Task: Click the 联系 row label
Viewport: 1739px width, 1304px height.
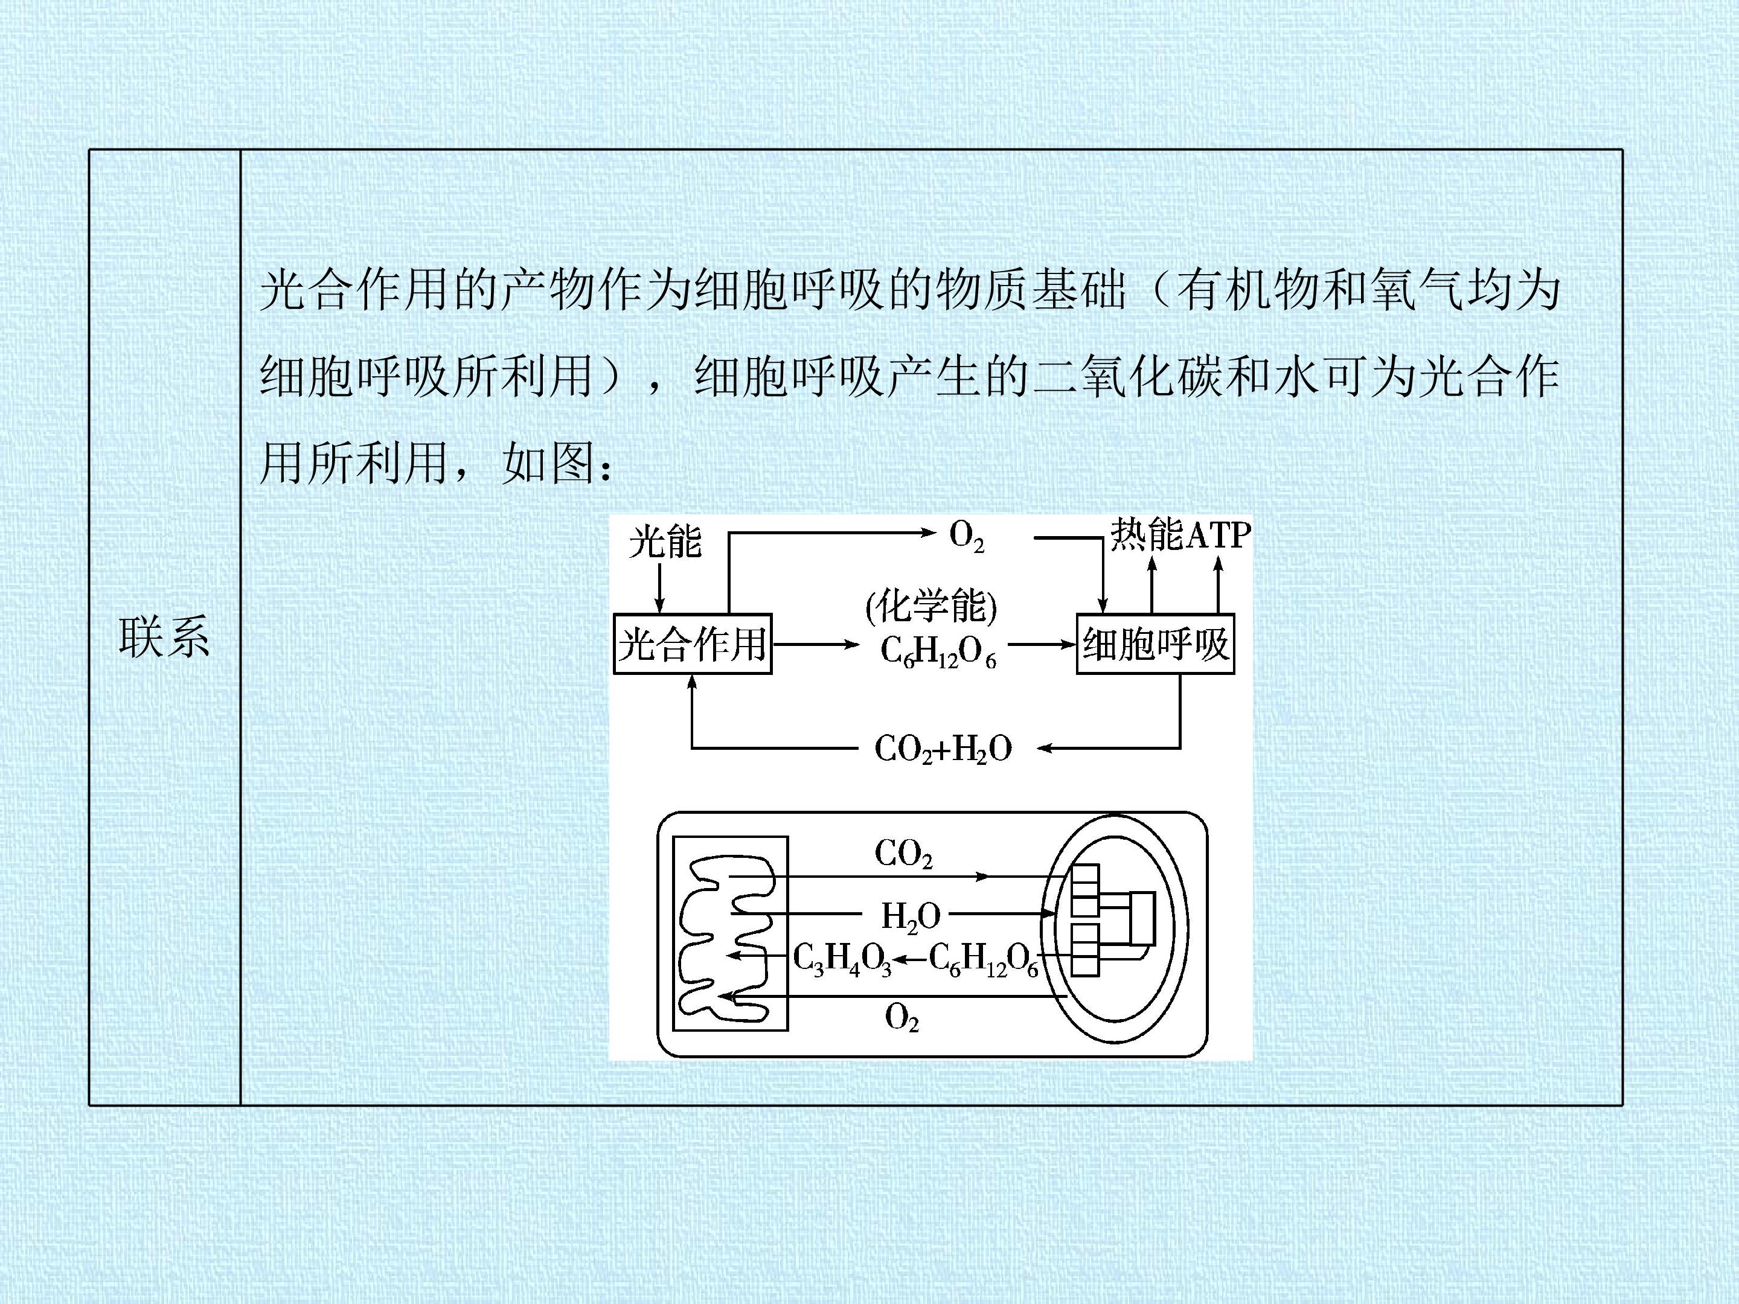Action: (x=164, y=637)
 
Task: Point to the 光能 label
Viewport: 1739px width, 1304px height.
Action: (x=665, y=542)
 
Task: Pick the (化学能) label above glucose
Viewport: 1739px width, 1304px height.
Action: (x=931, y=607)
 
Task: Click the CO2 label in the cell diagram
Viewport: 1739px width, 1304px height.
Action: (x=903, y=854)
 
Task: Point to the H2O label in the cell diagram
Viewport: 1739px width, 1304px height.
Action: (x=911, y=917)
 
